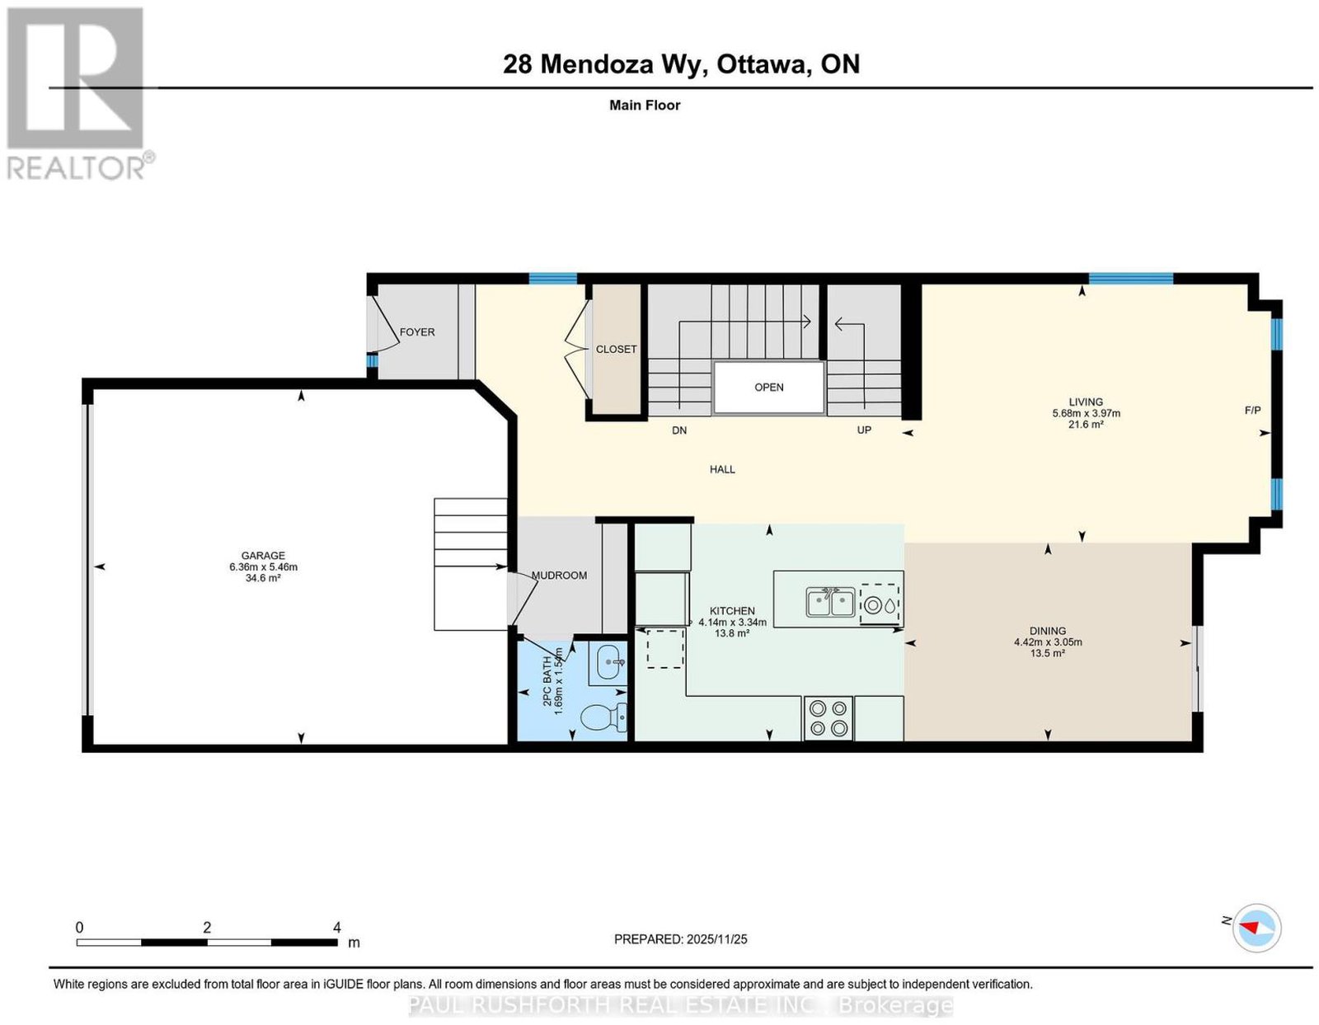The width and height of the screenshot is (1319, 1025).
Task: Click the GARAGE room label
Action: (x=263, y=555)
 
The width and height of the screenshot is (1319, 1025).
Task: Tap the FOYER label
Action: (x=417, y=332)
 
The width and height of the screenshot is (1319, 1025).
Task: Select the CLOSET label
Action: (x=616, y=349)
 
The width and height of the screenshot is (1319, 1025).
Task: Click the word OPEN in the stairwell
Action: (x=769, y=388)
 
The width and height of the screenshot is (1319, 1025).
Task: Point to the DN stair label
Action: (x=679, y=430)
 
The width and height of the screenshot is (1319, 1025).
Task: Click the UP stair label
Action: (x=864, y=430)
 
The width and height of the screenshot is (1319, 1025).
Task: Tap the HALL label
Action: (x=722, y=469)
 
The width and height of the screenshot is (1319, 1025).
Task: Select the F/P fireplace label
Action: (x=1253, y=410)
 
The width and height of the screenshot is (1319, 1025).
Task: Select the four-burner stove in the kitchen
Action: (x=828, y=718)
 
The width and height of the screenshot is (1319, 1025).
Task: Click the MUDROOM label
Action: (x=559, y=576)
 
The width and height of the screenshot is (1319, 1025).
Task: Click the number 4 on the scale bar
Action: (x=337, y=928)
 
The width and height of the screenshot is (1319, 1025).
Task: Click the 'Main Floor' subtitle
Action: (x=645, y=105)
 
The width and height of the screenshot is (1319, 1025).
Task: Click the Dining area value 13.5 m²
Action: (x=1048, y=653)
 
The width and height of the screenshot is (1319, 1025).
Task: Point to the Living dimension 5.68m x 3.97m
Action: (x=1086, y=413)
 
